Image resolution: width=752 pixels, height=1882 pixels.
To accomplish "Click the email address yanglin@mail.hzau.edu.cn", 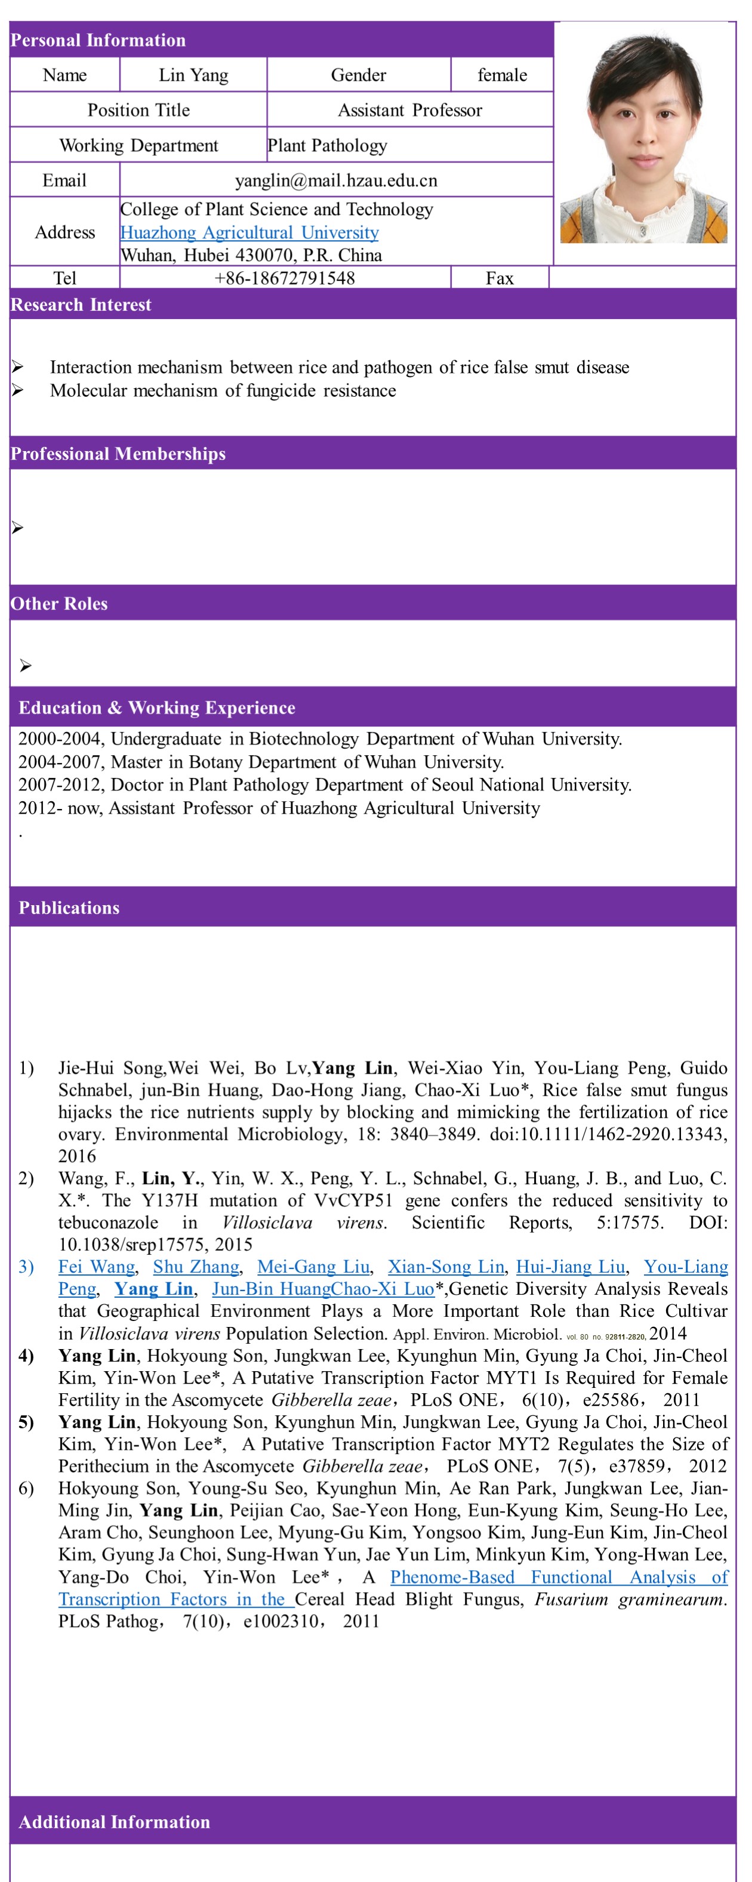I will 336,180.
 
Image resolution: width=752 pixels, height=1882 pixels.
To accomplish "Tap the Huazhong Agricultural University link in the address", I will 249,232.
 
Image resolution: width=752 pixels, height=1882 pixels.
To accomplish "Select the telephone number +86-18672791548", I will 285,278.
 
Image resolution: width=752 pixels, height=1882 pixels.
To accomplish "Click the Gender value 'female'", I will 501,75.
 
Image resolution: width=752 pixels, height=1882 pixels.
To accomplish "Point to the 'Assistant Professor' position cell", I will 409,111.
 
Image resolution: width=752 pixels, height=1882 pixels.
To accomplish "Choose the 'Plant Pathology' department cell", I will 327,145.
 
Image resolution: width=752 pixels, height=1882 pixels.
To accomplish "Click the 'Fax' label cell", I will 500,278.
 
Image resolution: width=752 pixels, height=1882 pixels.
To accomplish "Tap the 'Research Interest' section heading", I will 81,305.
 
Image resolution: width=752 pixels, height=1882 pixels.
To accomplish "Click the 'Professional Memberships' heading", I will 118,453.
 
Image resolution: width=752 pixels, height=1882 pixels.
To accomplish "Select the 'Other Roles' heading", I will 59,603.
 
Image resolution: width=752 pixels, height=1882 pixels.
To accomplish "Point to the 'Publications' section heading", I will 69,908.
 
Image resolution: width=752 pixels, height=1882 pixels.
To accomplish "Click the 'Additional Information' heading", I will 115,1822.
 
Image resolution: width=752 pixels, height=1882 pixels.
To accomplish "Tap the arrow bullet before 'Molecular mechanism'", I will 17,391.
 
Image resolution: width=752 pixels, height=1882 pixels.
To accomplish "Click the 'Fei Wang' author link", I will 96,1266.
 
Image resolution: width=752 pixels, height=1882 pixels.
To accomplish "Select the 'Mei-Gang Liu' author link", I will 313,1266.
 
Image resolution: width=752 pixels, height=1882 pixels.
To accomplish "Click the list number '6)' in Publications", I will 26,1488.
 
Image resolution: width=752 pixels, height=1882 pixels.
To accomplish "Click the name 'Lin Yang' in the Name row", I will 193,75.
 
